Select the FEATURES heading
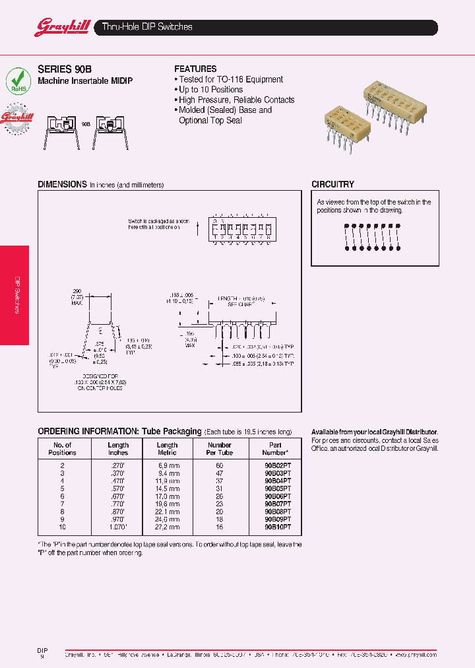[195, 69]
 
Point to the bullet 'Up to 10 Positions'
[210, 90]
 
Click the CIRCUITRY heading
[332, 185]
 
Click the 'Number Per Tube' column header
[220, 449]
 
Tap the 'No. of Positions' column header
[63, 449]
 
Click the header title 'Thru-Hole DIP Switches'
[147, 27]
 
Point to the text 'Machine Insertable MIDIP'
[85, 81]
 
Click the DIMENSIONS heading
[62, 185]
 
